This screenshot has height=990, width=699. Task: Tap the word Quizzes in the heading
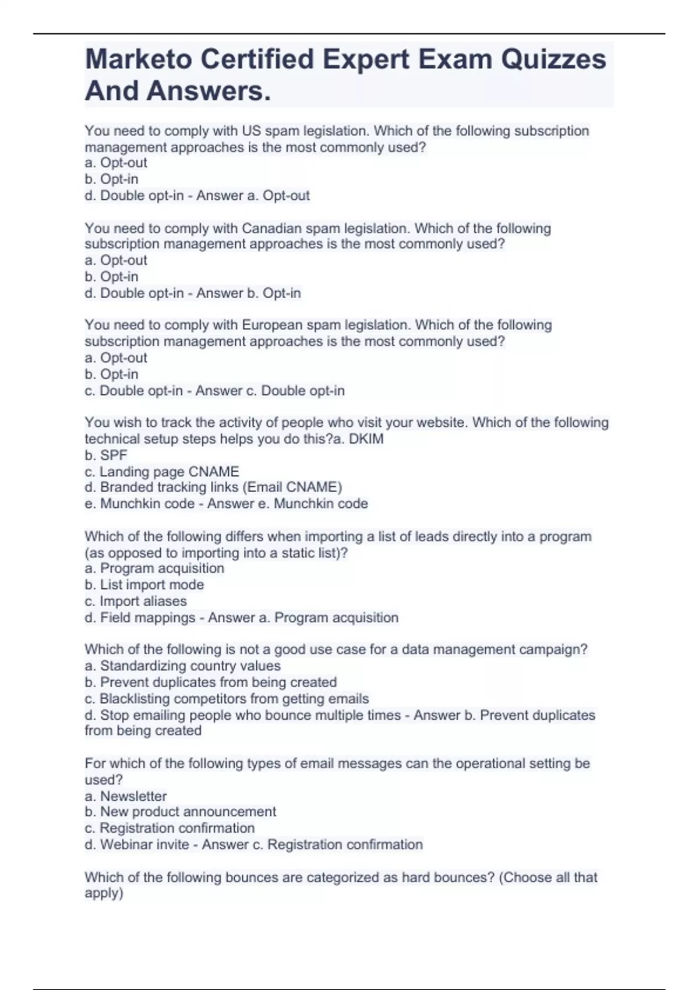[x=553, y=59]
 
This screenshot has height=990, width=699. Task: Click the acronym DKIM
[x=366, y=439]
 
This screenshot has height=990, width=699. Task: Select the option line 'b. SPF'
[x=106, y=455]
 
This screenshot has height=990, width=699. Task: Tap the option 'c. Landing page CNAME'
[x=162, y=472]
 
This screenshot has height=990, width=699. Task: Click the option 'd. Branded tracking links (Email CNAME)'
[x=213, y=487]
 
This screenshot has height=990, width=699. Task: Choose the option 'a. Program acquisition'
[x=154, y=568]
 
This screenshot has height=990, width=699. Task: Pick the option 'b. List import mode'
[x=144, y=585]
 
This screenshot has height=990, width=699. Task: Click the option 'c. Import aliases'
[x=136, y=601]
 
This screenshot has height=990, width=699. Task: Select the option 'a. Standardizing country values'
[x=182, y=666]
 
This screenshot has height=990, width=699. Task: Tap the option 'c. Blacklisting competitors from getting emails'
[x=227, y=699]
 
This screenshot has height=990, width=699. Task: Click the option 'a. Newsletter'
[x=126, y=796]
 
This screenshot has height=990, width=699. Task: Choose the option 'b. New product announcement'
[x=181, y=812]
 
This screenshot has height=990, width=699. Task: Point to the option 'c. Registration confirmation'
[x=170, y=828]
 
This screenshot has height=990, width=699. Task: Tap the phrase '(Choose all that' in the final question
[x=548, y=877]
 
